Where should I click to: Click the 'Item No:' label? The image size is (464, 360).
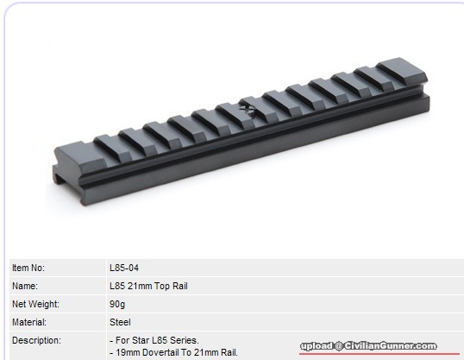point(28,268)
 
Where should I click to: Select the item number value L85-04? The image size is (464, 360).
point(124,268)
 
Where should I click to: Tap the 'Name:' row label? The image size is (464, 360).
point(25,286)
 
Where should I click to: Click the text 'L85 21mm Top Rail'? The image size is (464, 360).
point(148,286)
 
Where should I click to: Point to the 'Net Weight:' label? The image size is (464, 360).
point(35,304)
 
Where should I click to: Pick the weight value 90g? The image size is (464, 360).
point(117,304)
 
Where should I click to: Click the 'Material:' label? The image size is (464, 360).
point(29,322)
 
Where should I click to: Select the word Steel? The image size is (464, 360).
point(120,322)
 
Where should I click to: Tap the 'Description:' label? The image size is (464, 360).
point(36,340)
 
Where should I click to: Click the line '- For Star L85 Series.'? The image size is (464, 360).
point(154,340)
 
